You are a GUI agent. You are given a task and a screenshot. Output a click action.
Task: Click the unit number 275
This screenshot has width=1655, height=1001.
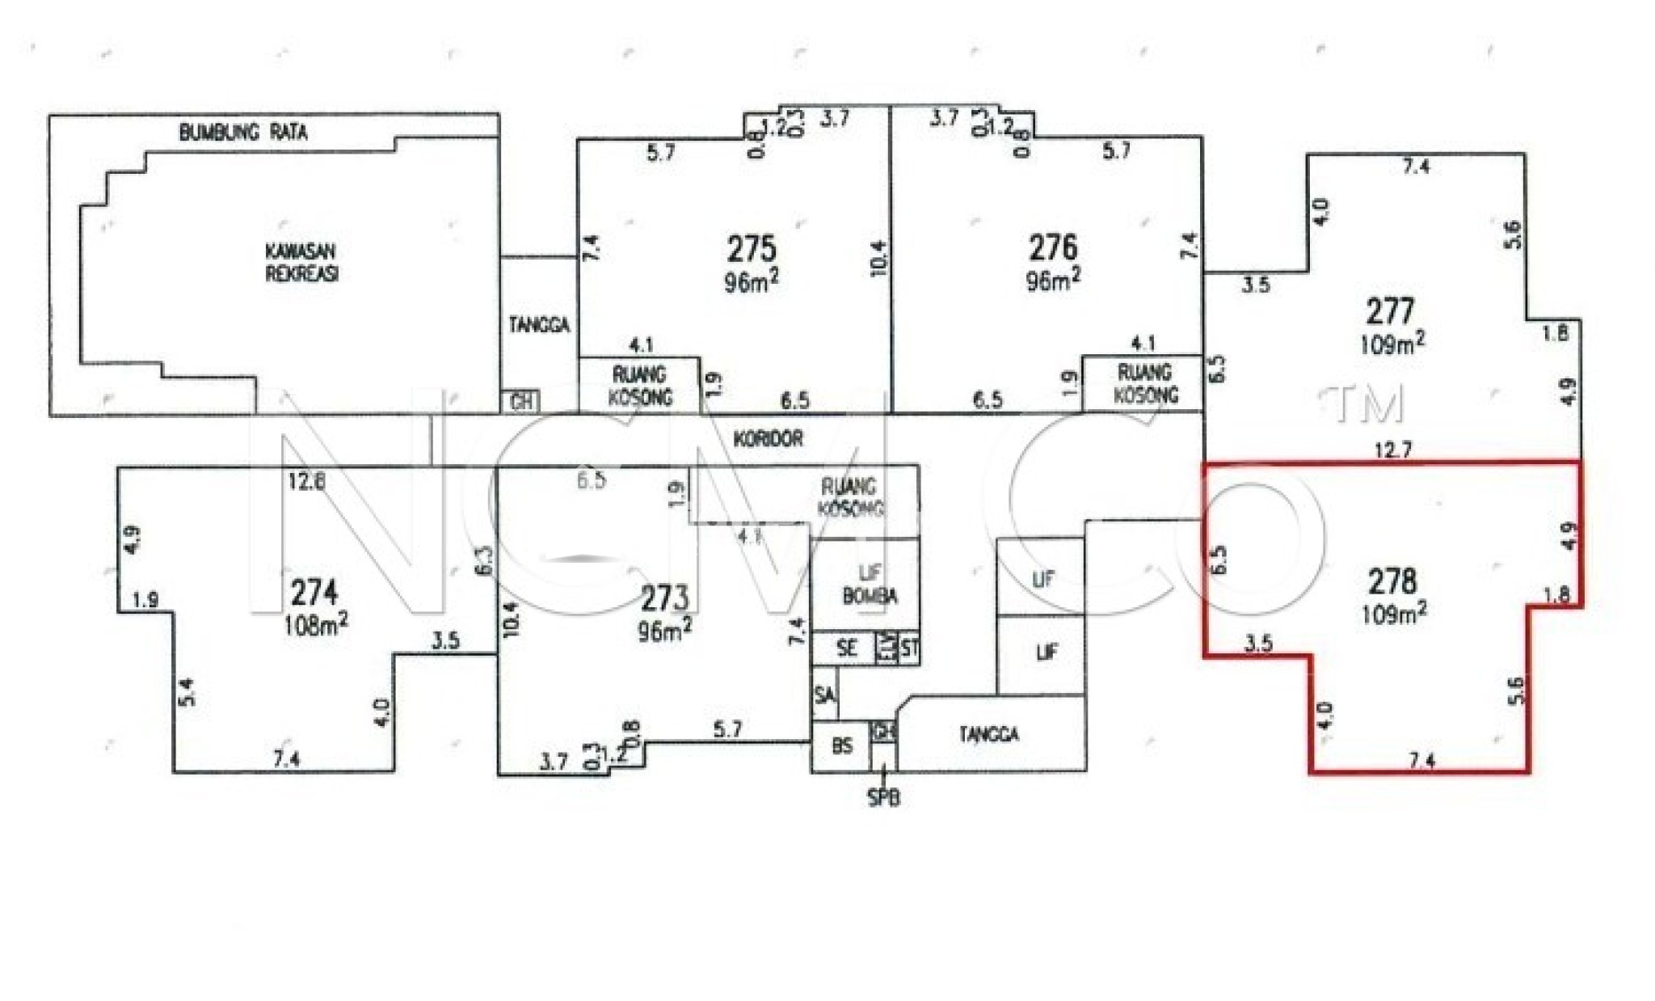point(751,248)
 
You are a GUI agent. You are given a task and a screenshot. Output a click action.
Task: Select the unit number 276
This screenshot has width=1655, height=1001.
point(1052,247)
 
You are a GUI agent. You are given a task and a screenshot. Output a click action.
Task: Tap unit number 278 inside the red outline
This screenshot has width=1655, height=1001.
point(1392,581)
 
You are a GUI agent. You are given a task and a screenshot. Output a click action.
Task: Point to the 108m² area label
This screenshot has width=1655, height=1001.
point(316,624)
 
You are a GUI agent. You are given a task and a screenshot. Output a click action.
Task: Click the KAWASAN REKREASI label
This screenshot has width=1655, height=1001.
point(301,262)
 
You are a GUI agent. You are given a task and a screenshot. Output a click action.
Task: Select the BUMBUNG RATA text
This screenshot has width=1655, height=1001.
point(242,133)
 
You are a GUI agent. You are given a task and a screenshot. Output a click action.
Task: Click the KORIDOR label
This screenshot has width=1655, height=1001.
point(768,439)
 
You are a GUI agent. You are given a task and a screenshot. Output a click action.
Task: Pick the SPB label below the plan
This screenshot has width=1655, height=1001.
point(883,798)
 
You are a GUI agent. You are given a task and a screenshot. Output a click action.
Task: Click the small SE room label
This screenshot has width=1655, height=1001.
point(846,648)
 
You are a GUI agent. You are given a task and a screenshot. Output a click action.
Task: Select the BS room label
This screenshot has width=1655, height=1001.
point(842,746)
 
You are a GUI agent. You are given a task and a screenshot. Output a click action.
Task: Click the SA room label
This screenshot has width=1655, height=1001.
point(824,695)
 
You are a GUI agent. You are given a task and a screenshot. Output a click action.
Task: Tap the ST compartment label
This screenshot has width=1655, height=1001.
point(910,648)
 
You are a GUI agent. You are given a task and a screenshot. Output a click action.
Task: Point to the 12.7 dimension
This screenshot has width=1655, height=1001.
point(1392,450)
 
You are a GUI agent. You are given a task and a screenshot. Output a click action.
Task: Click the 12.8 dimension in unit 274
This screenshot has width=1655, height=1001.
point(307,482)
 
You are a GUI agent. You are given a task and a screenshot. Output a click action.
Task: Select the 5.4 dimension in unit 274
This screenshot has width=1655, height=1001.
point(187,692)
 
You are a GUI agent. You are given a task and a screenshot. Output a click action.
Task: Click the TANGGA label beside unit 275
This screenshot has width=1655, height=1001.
point(539,325)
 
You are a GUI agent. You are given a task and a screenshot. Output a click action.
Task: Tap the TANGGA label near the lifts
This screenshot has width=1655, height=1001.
point(989,734)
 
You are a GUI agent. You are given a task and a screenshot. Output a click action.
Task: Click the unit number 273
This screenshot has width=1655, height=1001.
point(664,599)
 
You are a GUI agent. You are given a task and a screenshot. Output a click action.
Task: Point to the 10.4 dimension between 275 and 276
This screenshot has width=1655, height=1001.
point(879,259)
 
